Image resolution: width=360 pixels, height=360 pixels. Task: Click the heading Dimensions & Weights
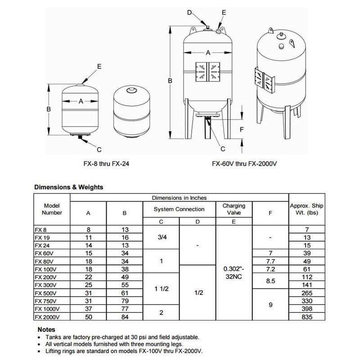[x=69, y=187]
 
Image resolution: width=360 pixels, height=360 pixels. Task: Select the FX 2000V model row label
[x=46, y=317]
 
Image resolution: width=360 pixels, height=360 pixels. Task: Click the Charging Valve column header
[x=234, y=209]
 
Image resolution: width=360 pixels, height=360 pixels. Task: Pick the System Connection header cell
[x=179, y=209]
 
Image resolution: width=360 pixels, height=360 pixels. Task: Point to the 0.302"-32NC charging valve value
[x=234, y=273]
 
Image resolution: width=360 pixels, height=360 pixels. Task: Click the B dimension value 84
[x=125, y=317]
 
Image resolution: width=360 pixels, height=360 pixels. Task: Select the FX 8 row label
[x=40, y=229]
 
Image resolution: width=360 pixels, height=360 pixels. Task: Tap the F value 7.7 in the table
[x=270, y=261]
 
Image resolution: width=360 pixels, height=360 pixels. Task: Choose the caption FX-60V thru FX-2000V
[x=244, y=164]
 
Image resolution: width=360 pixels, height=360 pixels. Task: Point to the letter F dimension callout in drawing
[x=242, y=130]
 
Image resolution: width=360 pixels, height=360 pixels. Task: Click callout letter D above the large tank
[x=189, y=12]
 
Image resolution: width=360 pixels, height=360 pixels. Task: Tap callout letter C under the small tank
[x=99, y=149]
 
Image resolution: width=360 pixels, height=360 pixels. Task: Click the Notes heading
[x=46, y=329]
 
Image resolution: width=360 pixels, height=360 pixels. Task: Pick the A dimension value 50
[x=88, y=317]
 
